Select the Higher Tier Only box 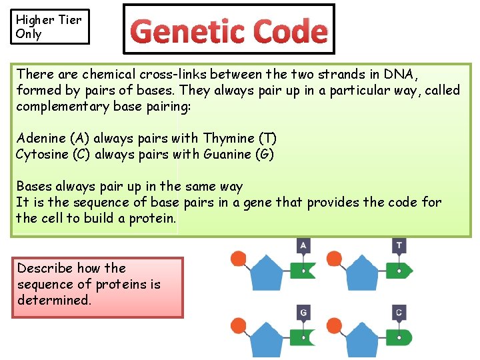51,27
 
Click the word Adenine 41,139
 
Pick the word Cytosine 43,155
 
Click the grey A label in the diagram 303,246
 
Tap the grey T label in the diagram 399,246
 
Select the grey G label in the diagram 303,312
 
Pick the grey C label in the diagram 399,312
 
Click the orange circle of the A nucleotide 238,259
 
